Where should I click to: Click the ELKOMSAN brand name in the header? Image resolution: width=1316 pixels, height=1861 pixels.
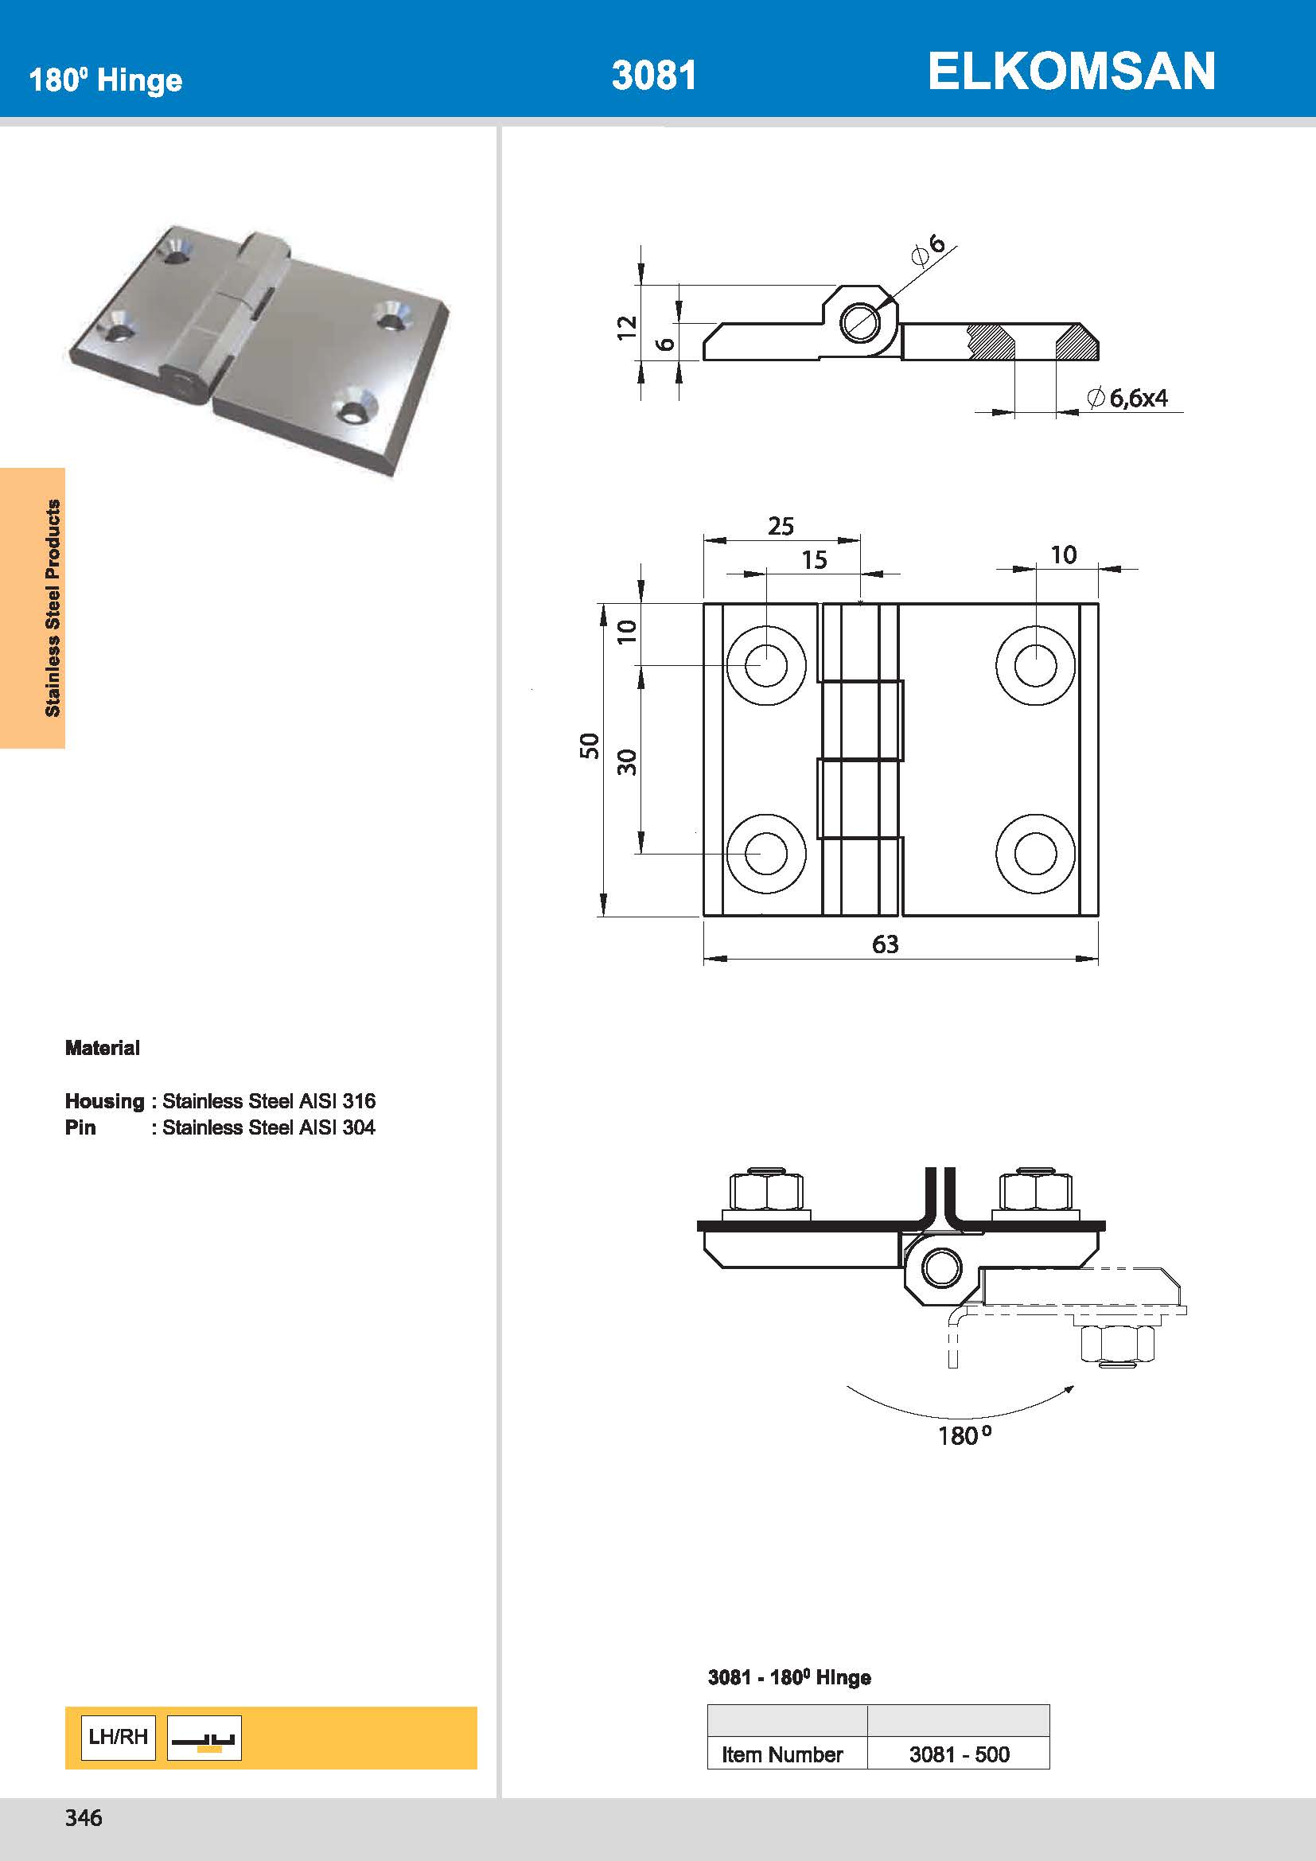(1070, 72)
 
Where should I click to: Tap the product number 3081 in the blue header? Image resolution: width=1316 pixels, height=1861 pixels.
(653, 76)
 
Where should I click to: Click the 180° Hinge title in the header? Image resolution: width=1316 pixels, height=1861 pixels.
(105, 80)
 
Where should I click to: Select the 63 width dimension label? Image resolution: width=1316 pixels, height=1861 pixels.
(885, 944)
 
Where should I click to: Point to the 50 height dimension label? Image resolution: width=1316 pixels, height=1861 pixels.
(589, 745)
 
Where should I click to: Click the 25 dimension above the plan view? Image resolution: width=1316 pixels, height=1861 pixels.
(781, 526)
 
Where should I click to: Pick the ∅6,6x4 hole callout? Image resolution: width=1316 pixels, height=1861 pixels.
(1127, 398)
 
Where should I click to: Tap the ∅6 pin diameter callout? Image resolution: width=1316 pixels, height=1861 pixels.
(929, 250)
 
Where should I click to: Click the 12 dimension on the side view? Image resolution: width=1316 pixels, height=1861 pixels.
(627, 328)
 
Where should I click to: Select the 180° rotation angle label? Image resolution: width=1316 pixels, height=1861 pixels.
(964, 1435)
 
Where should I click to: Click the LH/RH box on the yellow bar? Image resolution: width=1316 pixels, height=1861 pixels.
(119, 1736)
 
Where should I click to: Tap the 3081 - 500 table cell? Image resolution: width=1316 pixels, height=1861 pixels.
(959, 1754)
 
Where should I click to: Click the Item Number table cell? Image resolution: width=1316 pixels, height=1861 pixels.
(782, 1754)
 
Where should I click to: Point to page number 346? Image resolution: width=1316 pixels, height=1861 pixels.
(84, 1818)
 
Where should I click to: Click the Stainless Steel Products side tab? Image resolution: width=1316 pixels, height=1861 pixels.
(53, 608)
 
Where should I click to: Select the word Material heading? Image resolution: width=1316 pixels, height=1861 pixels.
(102, 1048)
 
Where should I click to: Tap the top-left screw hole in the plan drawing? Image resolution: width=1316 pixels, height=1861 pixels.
(765, 665)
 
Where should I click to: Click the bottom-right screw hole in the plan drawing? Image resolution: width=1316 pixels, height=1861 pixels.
(1035, 855)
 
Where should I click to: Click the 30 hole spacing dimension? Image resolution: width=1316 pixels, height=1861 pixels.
(627, 761)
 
